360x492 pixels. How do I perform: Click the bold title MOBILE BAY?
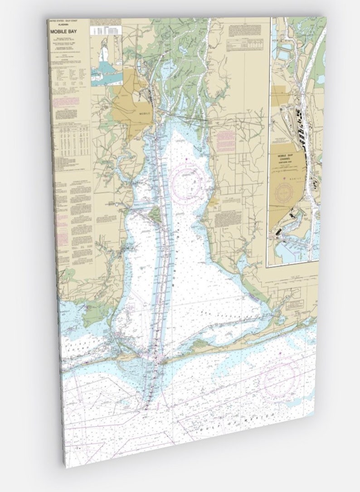[x=63, y=34]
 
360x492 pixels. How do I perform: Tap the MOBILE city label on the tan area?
[x=144, y=114]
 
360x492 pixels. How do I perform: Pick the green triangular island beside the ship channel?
[x=157, y=215]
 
